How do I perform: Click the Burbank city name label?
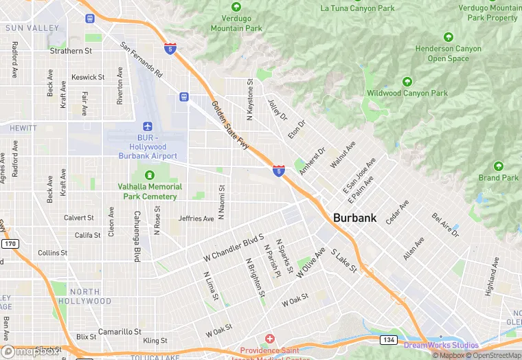354,218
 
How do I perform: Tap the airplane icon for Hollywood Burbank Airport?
147,126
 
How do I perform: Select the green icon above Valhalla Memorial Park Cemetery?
150,176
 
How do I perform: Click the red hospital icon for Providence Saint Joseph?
269,339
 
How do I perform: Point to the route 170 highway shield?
10,244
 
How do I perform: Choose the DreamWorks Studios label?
441,345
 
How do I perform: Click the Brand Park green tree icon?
499,166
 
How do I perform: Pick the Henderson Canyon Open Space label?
449,54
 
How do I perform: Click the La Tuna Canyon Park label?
358,8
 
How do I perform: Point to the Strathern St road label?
71,51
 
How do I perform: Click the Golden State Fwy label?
230,128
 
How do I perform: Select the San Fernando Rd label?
141,60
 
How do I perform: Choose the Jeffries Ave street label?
196,218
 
